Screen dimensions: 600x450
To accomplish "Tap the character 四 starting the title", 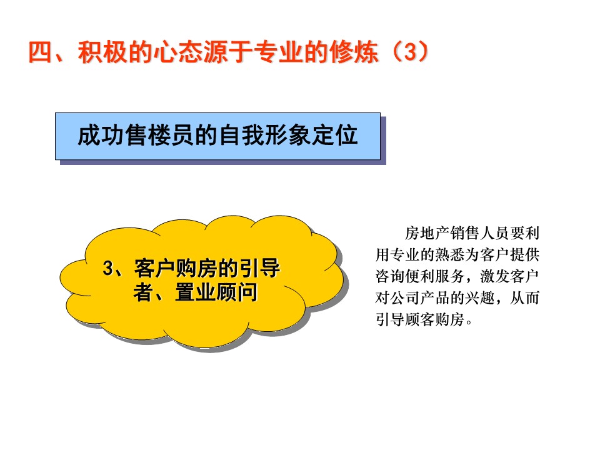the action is coord(40,52).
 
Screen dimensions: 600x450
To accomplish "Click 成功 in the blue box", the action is coord(101,136).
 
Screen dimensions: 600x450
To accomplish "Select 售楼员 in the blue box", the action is coord(159,136).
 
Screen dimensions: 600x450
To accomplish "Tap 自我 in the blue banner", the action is coord(241,136).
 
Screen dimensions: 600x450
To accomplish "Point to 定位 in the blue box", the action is coord(335,136).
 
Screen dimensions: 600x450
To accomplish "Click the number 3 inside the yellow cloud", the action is coord(108,268).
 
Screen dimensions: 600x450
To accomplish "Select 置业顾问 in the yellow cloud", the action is coord(216,292).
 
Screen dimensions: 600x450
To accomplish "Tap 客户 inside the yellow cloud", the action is coord(154,268).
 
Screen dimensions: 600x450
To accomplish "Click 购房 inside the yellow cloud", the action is coord(196,268).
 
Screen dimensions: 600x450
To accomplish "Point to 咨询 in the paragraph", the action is coord(390,276).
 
